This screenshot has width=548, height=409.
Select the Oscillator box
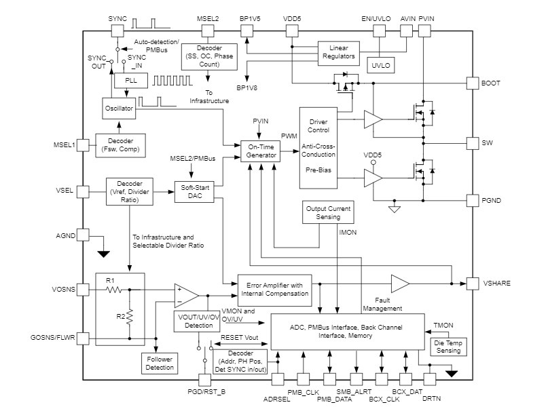click(x=119, y=109)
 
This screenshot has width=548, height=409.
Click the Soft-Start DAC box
click(x=194, y=191)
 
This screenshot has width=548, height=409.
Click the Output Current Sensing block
click(x=329, y=213)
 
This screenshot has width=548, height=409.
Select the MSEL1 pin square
click(x=83, y=144)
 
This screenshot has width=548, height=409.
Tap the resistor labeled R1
click(x=113, y=290)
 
